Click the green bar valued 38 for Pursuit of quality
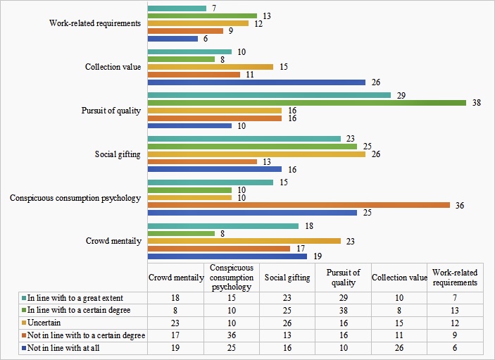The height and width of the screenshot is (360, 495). pyautogui.click(x=306, y=103)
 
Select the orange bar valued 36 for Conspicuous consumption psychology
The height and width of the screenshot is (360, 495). pyautogui.click(x=299, y=205)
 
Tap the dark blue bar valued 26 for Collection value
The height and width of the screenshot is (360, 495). pyautogui.click(x=256, y=81)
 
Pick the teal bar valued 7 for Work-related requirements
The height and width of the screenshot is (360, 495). pyautogui.click(x=177, y=8)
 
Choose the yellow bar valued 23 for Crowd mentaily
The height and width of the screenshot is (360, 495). pyautogui.click(x=244, y=241)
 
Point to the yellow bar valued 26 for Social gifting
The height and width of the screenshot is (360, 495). pyautogui.click(x=256, y=154)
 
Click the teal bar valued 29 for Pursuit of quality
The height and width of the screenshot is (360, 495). pyautogui.click(x=269, y=95)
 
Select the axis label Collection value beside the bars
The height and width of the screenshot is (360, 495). pyautogui.click(x=113, y=67)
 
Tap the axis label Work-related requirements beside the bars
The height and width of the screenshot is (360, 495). pyautogui.click(x=96, y=23)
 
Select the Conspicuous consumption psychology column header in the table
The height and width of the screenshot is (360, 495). pyautogui.click(x=232, y=278)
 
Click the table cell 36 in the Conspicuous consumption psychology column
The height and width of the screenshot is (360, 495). pyautogui.click(x=232, y=335)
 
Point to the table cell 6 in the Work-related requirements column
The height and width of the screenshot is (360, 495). pyautogui.click(x=455, y=348)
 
